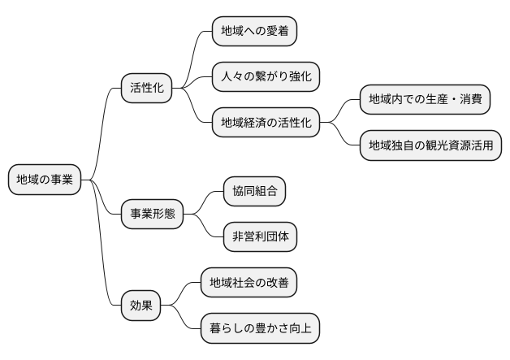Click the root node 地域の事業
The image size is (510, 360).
[x=45, y=180]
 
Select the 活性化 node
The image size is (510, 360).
[x=147, y=87]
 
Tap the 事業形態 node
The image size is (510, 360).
[x=153, y=215]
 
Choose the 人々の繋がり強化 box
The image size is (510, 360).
[x=266, y=77]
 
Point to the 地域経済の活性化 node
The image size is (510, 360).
[x=266, y=124]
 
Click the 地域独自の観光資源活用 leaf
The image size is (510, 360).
[x=430, y=146]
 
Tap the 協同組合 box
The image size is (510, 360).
[x=255, y=192]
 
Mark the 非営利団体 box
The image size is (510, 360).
[x=260, y=237]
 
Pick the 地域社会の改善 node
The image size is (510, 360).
[x=249, y=283]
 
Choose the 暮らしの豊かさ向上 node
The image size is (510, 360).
[x=260, y=329]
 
